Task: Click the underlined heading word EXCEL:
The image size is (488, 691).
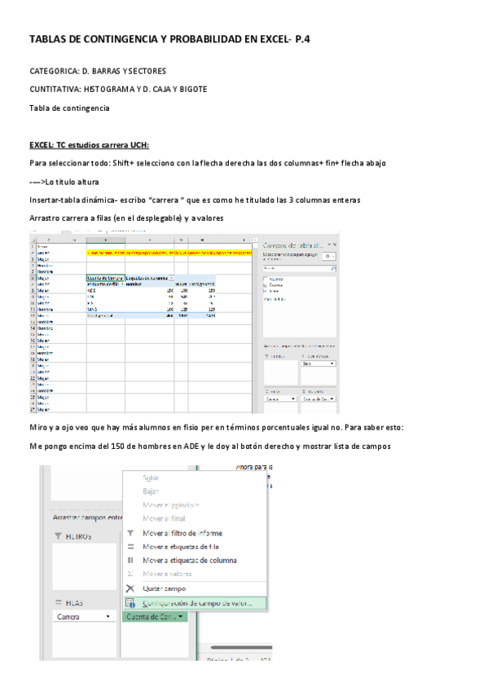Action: [43, 145]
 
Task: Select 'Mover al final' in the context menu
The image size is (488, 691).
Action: [164, 518]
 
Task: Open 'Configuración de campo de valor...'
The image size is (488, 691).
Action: [197, 604]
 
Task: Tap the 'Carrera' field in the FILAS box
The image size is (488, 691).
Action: [84, 617]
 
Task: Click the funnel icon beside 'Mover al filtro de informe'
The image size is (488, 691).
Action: [130, 533]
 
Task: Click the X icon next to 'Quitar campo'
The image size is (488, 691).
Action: [130, 588]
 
